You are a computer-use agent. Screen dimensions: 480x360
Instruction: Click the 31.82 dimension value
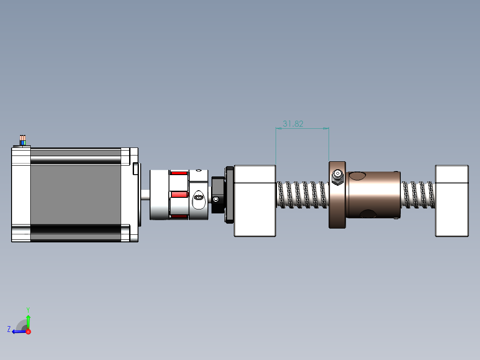[x=293, y=124]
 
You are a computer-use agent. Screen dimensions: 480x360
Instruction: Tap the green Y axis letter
[x=28, y=310]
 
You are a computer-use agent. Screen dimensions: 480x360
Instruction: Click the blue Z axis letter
[x=9, y=329]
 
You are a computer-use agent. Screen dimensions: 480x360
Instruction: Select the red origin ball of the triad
[x=28, y=331]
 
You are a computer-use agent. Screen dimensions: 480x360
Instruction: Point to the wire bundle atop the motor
[x=23, y=140]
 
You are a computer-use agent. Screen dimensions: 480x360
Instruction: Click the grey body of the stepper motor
[x=76, y=195]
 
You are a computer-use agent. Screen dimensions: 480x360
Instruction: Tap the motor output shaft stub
[x=145, y=195]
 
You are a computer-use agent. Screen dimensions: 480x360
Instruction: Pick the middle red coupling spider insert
[x=179, y=195]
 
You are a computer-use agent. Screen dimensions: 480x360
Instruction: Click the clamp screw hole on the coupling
[x=199, y=198]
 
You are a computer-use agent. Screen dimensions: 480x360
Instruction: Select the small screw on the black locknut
[x=216, y=200]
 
